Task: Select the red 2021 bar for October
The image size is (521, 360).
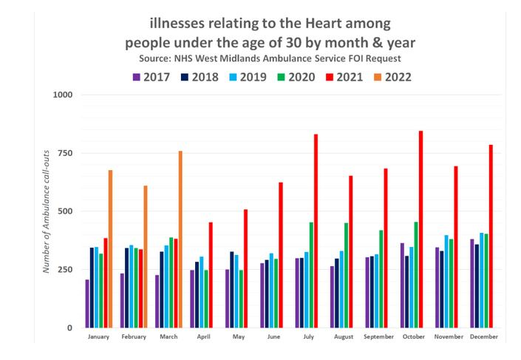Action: [420, 229]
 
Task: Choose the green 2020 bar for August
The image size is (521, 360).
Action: [346, 274]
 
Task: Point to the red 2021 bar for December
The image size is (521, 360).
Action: [491, 236]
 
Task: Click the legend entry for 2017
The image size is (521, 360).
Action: [151, 77]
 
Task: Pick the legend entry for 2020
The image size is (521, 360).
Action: [296, 77]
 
